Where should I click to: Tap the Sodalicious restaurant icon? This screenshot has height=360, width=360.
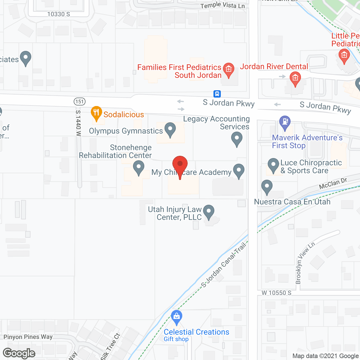tap(96, 113)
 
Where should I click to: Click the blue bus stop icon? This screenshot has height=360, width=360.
tap(217, 94)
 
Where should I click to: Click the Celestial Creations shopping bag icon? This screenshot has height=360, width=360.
tap(176, 317)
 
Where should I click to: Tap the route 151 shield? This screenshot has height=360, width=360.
tap(80, 101)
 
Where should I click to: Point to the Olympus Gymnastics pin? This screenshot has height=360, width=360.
tap(170, 130)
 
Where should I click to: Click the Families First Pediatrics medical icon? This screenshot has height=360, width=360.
tap(228, 69)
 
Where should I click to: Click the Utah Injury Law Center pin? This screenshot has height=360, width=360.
tap(208, 212)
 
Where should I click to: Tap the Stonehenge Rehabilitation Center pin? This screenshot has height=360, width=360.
tap(138, 167)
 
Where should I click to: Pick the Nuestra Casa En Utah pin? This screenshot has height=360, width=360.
tap(267, 187)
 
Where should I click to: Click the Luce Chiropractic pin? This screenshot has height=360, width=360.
tap(273, 165)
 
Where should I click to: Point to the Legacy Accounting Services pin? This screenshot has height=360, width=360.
tap(237, 139)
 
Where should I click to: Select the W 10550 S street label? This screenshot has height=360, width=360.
tap(276, 293)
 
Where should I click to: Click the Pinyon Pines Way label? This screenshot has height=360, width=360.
tap(28, 337)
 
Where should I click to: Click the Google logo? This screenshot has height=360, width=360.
tap(19, 353)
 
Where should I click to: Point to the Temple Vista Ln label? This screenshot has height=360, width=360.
tap(222, 5)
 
